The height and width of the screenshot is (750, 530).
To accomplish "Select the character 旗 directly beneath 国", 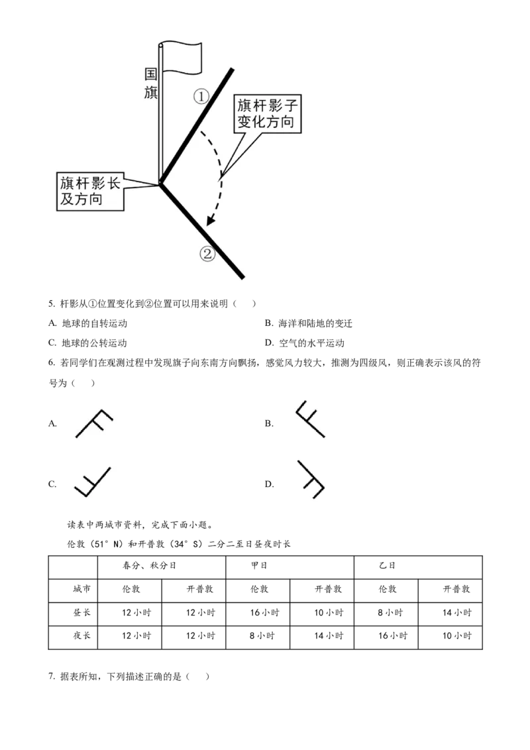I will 151,92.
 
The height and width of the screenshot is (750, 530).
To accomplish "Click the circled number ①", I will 201,97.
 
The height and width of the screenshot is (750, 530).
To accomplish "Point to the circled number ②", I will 208,254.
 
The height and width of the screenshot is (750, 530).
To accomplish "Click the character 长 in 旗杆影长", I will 113,184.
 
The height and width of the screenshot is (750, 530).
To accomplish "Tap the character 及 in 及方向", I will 66,199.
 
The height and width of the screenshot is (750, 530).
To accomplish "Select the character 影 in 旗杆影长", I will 97,184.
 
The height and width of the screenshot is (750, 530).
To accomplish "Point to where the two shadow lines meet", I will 160,184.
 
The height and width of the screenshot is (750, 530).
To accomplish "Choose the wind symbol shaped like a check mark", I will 95,482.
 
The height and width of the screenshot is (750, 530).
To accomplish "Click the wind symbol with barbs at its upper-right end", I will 95,424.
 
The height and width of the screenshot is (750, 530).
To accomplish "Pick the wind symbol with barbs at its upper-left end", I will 307,418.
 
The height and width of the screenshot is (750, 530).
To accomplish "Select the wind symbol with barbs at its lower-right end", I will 310,477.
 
